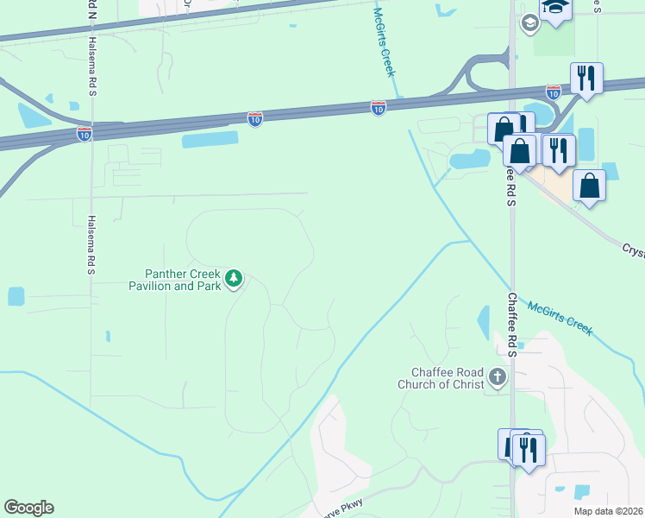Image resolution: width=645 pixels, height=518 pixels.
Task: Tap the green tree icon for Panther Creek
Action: click(234, 279)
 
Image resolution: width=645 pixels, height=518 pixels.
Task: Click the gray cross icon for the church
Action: click(498, 376)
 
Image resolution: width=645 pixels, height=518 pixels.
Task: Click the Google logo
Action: click(28, 508)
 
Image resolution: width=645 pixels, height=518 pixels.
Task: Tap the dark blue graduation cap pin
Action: click(555, 9)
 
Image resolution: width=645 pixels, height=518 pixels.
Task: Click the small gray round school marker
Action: click(529, 22)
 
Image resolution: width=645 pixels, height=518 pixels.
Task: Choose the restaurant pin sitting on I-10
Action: click(586, 79)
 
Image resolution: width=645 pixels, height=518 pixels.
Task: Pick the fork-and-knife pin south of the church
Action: click(529, 450)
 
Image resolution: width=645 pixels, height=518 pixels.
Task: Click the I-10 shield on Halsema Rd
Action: click(84, 134)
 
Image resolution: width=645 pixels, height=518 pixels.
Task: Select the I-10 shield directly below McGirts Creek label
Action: click(379, 108)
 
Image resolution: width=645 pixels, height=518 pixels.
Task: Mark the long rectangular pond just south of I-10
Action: click(210, 140)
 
